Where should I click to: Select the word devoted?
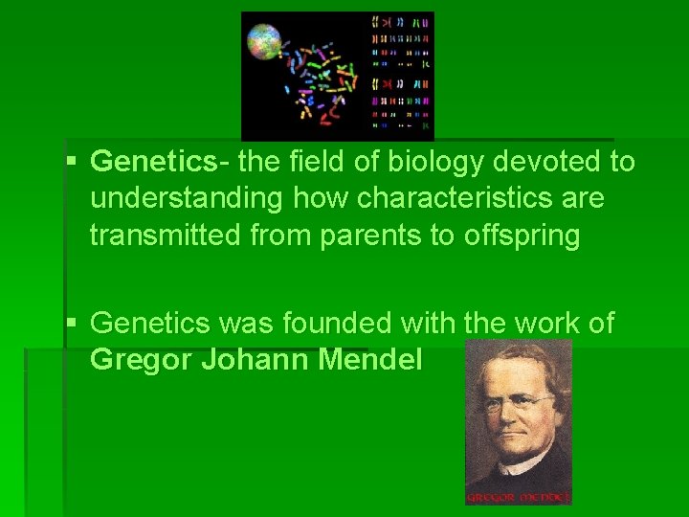pos(540,163)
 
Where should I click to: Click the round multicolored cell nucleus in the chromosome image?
pos(264,43)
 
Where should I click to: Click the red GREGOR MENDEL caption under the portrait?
pos(519,497)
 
